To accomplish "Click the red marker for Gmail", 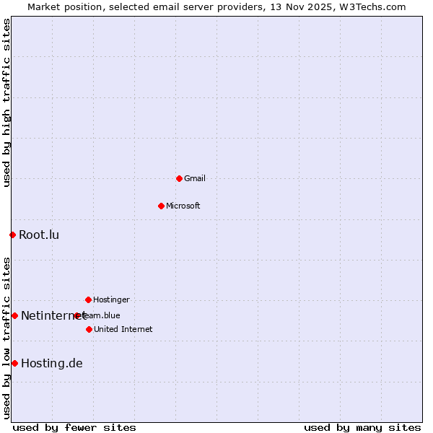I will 179,178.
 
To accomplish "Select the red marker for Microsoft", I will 161,206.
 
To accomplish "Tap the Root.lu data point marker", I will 12,235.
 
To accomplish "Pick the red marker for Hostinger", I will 88,299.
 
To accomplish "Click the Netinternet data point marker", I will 14,315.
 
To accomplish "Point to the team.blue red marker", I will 77,315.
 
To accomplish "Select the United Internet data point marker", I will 89,329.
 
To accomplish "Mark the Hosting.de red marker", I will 14,363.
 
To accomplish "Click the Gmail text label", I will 195,178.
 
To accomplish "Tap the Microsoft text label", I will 183,206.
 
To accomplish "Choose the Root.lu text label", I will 39,235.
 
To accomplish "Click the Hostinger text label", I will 111,299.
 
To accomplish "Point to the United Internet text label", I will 123,329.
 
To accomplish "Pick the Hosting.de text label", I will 52,363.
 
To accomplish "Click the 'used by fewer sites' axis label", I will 74,427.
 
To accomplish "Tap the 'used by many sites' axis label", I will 362,427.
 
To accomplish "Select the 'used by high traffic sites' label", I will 6,102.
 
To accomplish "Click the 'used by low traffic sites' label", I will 6,338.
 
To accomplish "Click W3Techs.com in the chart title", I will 372,6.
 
